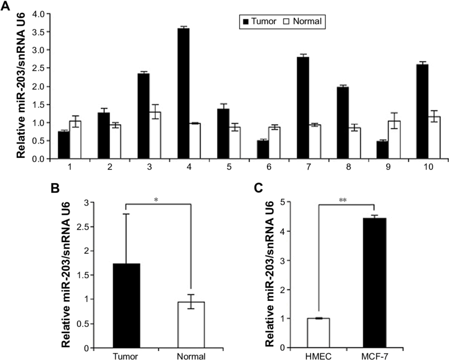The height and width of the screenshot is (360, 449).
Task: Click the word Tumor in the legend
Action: (264, 22)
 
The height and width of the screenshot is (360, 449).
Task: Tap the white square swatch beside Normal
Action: (288, 22)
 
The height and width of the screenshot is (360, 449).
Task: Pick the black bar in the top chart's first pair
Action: (63, 145)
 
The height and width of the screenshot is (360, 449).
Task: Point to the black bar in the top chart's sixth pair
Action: (263, 149)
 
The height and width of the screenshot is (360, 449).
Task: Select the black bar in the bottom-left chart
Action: (127, 306)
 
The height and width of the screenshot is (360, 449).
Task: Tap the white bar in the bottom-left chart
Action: (191, 325)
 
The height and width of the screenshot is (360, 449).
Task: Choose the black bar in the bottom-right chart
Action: (375, 283)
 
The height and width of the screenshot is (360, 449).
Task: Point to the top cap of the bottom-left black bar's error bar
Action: (127, 213)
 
